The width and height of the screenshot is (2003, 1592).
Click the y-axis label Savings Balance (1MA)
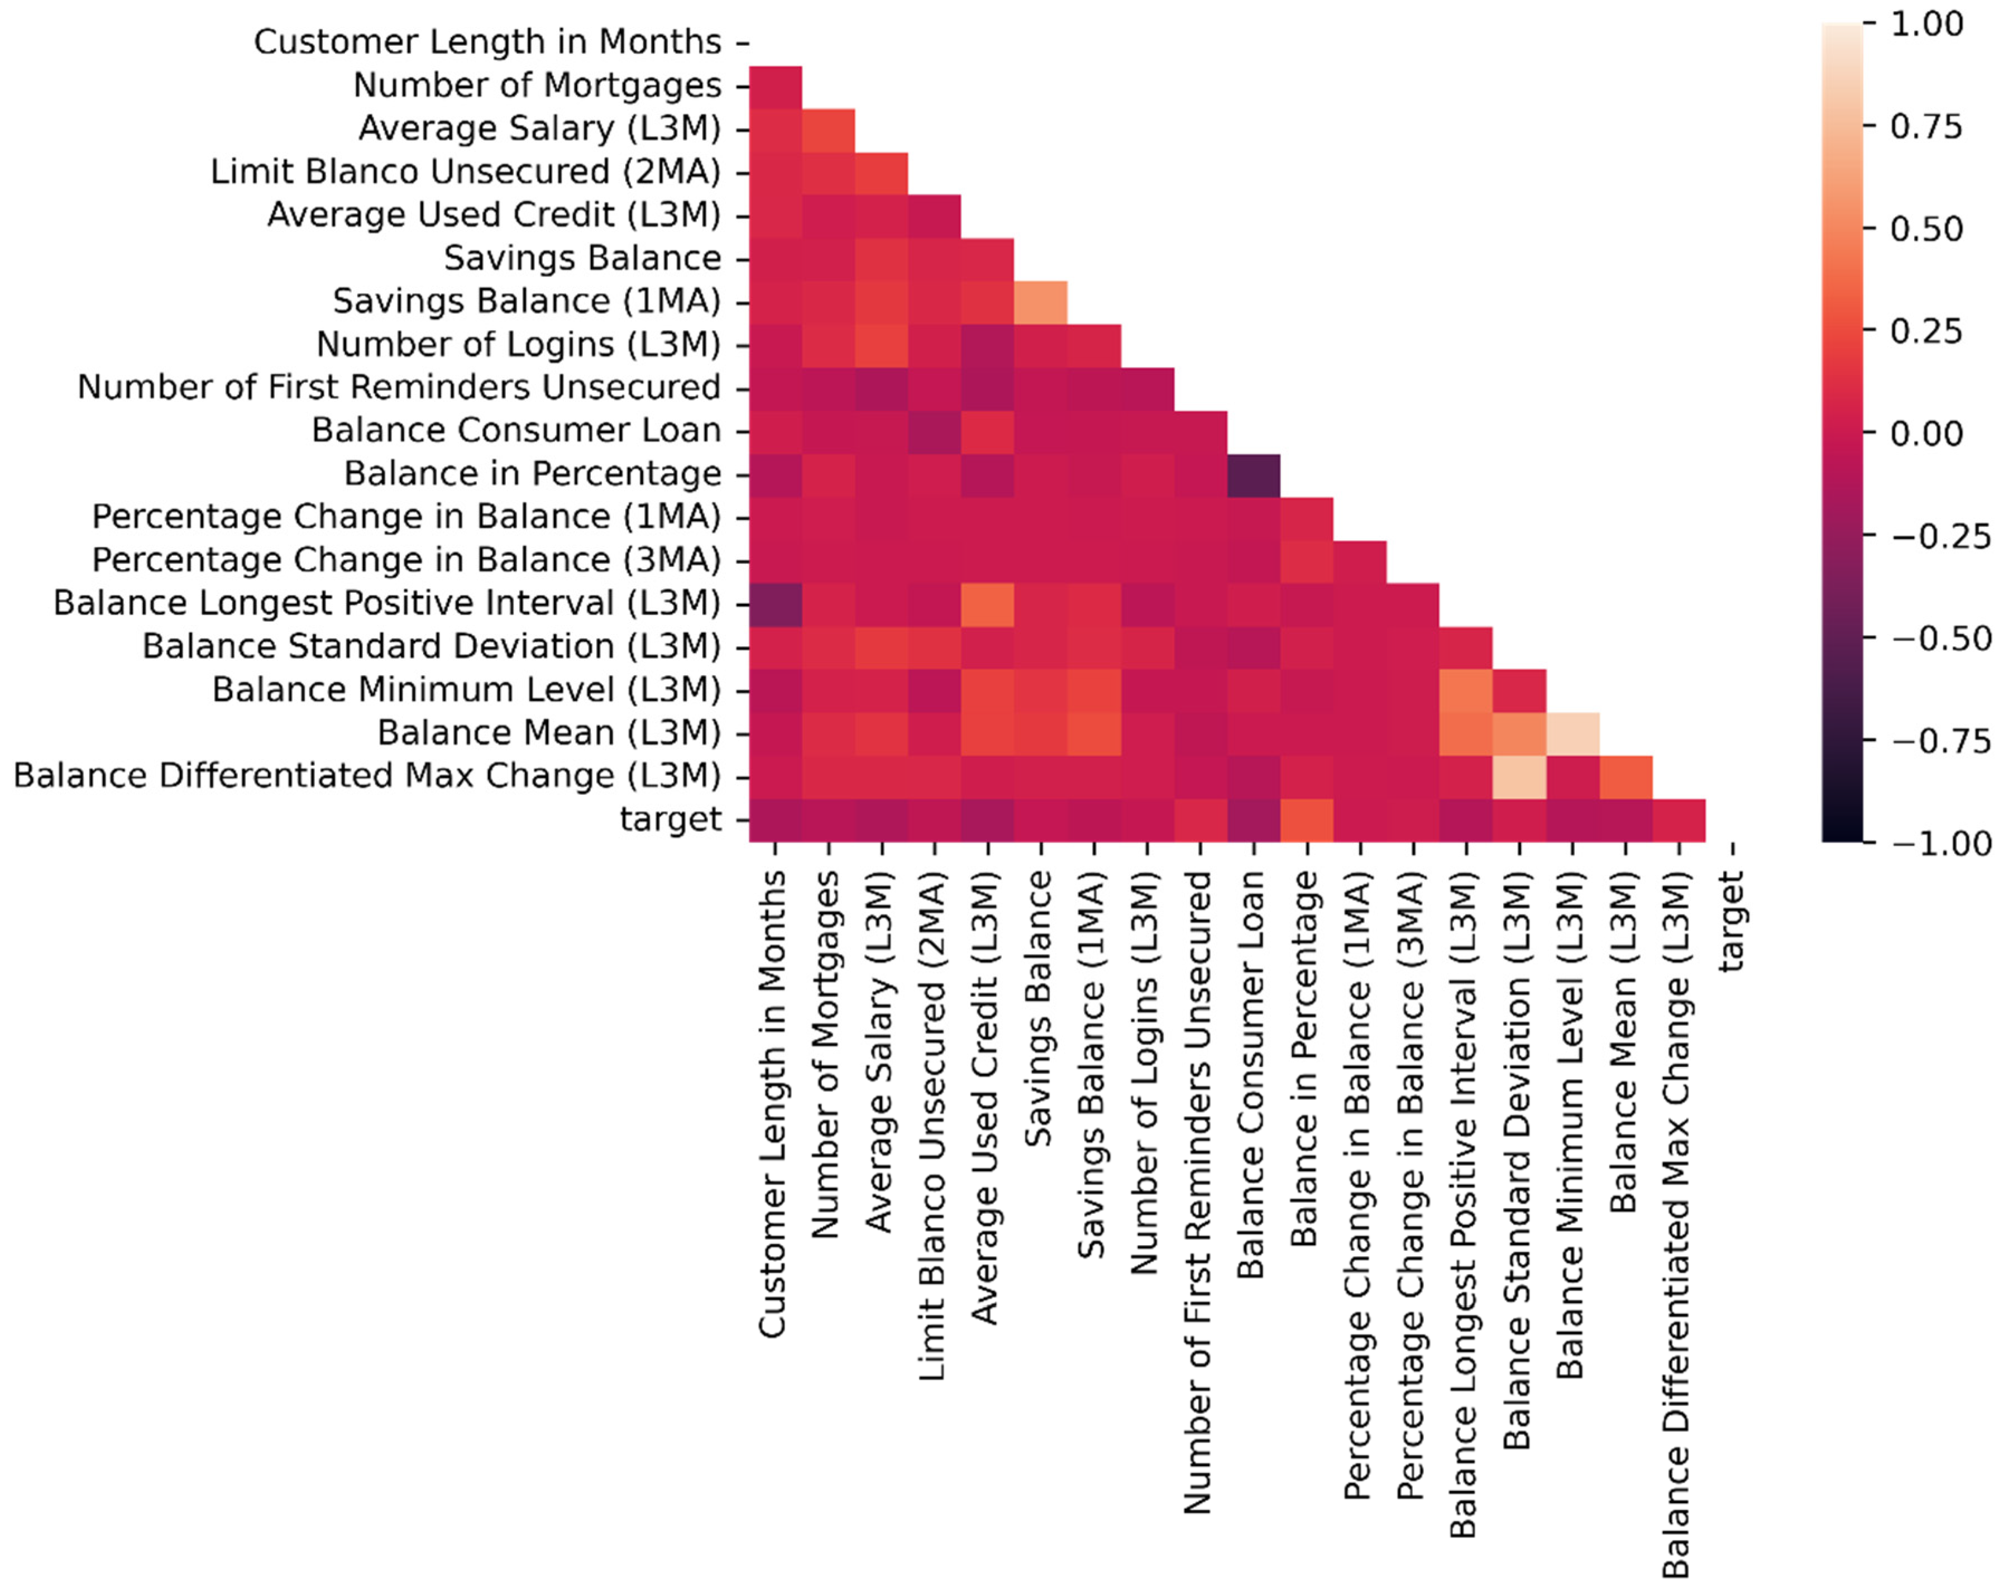coord(526,301)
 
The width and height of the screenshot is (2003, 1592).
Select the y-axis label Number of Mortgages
coord(537,85)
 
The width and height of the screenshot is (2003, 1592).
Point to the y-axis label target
coord(670,819)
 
